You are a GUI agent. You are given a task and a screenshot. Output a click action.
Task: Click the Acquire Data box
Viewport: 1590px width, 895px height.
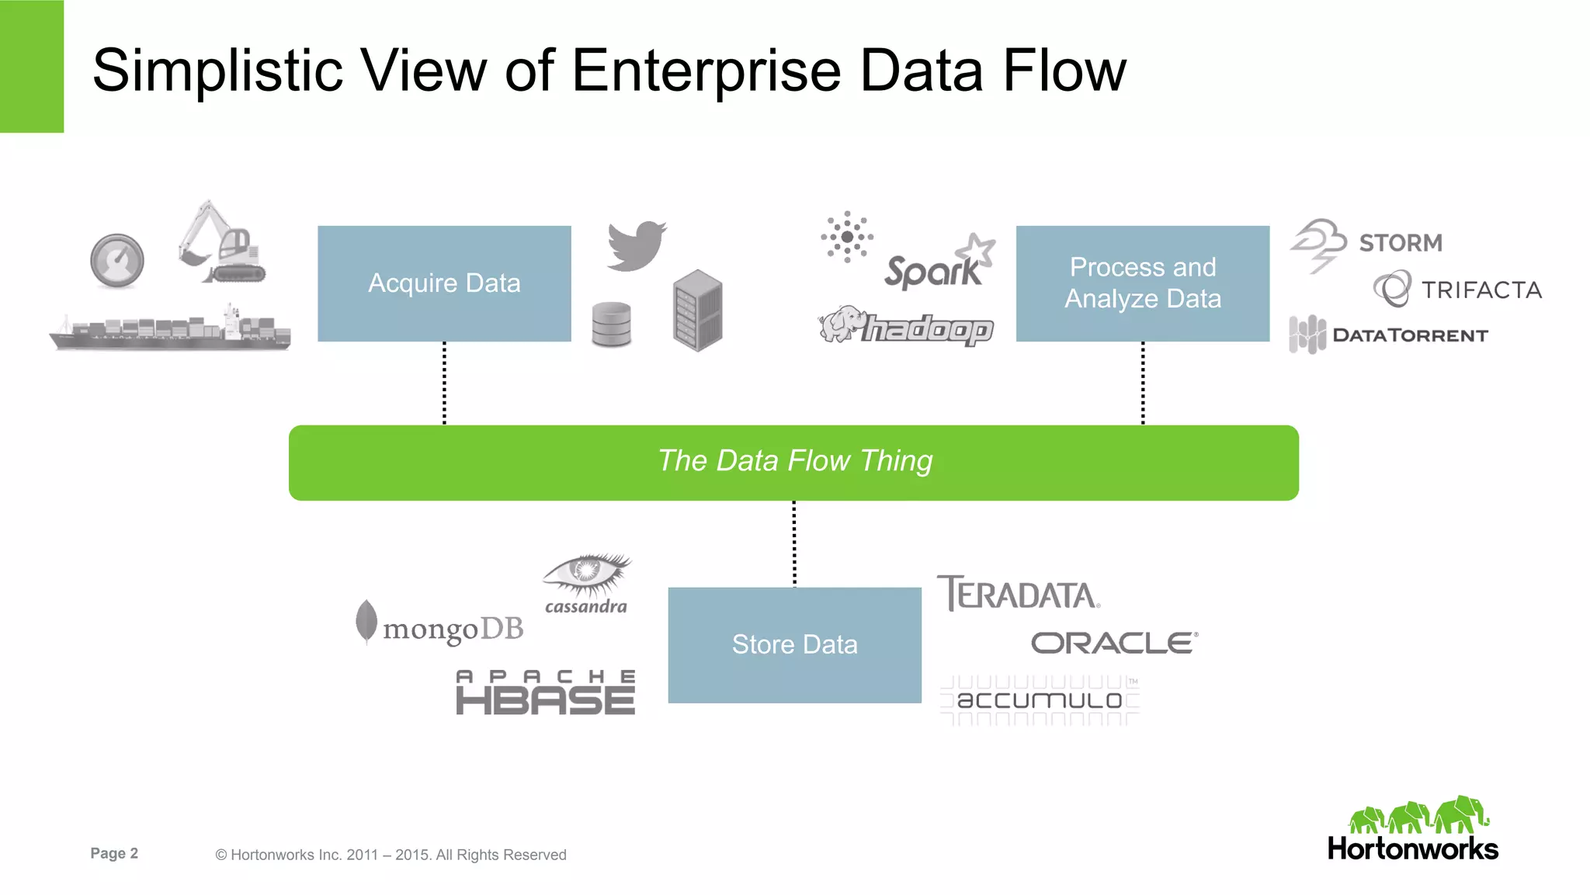click(444, 283)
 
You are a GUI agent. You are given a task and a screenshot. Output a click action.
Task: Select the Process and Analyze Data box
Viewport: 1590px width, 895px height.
click(1142, 283)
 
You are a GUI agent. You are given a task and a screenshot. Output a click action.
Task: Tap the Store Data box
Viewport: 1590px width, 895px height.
click(794, 645)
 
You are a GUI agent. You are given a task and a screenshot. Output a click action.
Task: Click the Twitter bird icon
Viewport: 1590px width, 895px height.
click(637, 245)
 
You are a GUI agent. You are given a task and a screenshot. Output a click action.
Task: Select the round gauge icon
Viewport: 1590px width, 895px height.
click(117, 261)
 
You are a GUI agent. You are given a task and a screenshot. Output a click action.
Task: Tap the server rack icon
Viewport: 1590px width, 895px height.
click(697, 310)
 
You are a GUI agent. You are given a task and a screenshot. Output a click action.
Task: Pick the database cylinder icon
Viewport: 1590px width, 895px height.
click(611, 324)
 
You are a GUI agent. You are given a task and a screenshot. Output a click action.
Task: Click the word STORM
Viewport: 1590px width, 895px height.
click(1401, 243)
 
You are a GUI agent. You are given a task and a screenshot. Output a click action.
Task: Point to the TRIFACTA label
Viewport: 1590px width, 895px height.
click(1481, 290)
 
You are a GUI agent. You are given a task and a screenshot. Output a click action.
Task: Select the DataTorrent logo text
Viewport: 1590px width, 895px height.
click(1410, 335)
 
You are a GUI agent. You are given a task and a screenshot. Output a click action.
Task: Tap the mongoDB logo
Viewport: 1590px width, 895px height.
click(441, 626)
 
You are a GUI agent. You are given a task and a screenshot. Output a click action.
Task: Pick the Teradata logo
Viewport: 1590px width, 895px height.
click(1018, 594)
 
